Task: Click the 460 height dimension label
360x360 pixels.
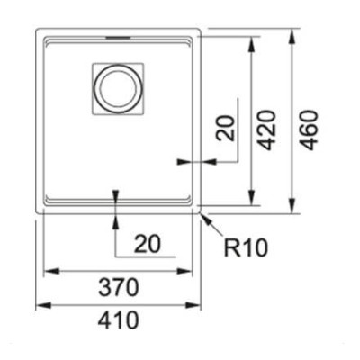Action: [x=309, y=130]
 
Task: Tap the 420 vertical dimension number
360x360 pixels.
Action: [x=266, y=130]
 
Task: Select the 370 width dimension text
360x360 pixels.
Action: [x=119, y=287]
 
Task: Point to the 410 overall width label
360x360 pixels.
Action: [x=119, y=319]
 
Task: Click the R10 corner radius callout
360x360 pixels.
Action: [x=246, y=247]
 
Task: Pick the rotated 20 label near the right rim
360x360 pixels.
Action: [x=225, y=128]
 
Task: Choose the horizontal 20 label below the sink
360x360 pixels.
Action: [x=148, y=244]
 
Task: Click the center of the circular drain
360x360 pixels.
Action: [x=118, y=89]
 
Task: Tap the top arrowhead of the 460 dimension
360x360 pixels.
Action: [x=292, y=38]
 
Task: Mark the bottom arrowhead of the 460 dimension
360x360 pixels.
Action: [x=292, y=204]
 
